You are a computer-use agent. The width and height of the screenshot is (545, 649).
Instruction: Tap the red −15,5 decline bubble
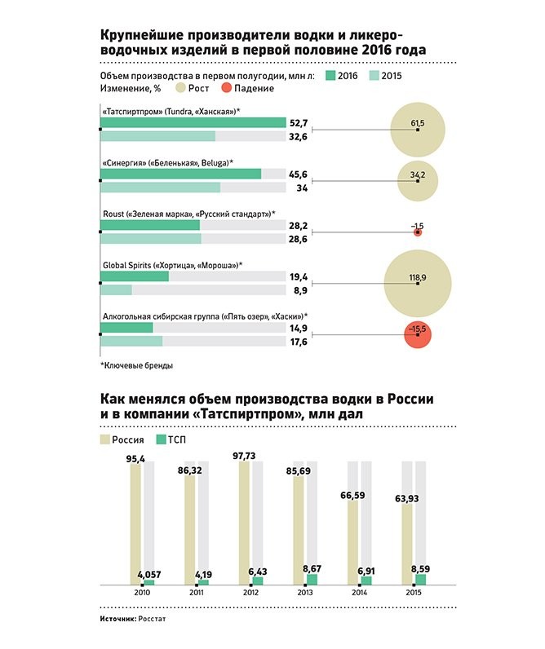(417, 334)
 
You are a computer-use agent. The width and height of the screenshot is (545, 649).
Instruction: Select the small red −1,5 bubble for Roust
(418, 232)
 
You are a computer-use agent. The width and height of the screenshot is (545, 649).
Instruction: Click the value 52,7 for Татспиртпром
(299, 123)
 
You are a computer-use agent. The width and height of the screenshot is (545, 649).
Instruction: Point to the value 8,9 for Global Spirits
(299, 290)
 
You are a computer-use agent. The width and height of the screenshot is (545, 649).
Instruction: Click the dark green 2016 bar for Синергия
(180, 174)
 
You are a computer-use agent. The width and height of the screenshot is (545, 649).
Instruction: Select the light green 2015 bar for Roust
(151, 239)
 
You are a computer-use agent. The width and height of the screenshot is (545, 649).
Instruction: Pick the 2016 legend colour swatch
(331, 76)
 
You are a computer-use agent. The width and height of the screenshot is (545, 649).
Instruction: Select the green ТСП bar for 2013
(312, 579)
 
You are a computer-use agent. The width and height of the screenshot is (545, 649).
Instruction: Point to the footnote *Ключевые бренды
(136, 366)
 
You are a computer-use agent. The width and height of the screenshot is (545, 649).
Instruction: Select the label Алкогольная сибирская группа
(160, 316)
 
